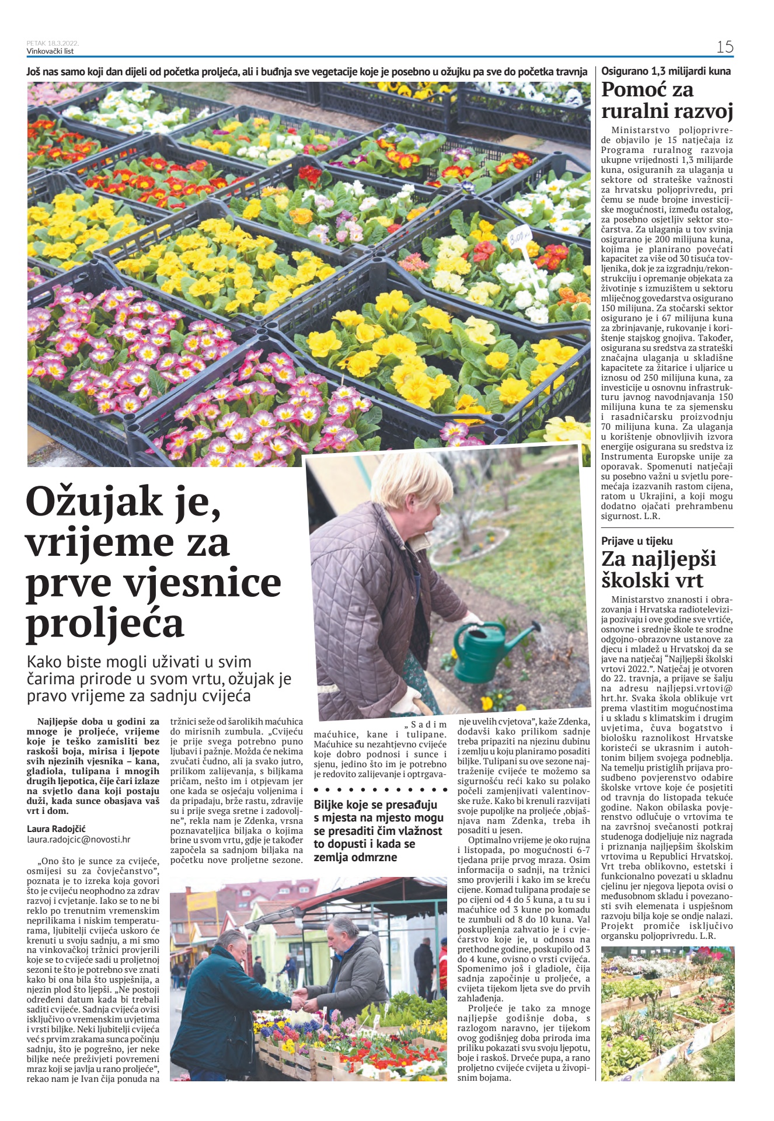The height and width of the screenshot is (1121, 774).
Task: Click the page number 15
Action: (724, 47)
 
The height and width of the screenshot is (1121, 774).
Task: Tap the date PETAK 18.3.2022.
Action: (53, 43)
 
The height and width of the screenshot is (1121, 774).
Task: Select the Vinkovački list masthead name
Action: (50, 51)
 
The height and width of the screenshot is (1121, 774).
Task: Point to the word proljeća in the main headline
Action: (105, 623)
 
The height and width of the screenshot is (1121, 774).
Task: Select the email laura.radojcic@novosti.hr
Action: (79, 840)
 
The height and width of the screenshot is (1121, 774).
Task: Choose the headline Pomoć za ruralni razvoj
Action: (667, 100)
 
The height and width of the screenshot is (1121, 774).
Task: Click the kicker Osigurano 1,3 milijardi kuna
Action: (666, 71)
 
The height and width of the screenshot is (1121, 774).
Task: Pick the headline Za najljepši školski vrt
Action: (659, 569)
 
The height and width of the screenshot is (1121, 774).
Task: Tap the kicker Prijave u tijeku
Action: (637, 541)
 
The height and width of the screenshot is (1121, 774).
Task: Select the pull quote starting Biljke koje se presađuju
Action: (379, 831)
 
